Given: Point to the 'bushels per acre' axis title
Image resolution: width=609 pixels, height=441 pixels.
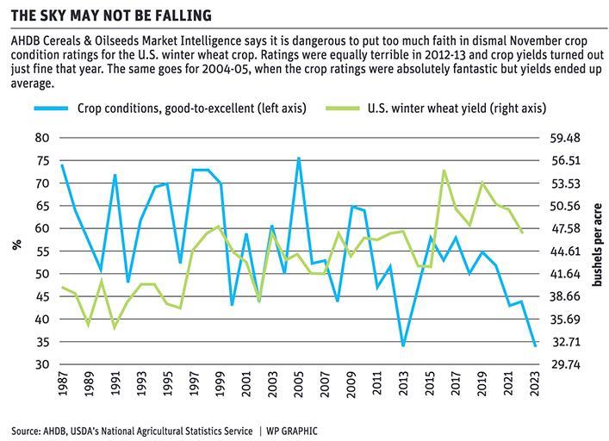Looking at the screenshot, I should coord(599,251).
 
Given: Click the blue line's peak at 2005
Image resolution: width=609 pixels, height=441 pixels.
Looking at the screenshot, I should coord(299,158).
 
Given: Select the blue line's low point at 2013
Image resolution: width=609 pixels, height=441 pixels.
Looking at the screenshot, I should coord(403,346).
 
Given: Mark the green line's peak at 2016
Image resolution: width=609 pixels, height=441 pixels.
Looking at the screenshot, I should coord(444,171).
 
